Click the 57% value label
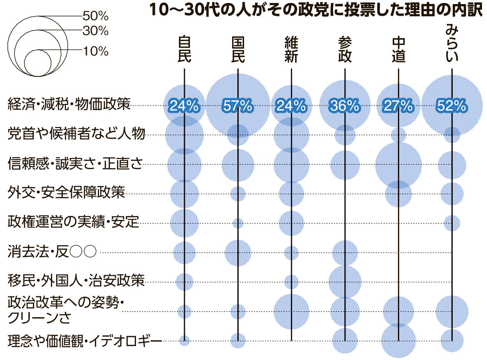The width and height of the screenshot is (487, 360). point(238,106)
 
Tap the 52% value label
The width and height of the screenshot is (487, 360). point(452,106)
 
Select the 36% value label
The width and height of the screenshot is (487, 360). point(345,106)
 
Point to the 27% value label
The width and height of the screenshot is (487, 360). point(398,106)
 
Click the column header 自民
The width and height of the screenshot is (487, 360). point(184,50)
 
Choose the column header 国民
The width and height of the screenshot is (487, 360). point(238,50)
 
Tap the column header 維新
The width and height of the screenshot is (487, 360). point(291,50)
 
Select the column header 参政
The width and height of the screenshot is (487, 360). point(345,50)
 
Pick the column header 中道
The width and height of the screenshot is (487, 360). point(398,50)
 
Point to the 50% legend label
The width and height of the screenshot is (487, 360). point(95,16)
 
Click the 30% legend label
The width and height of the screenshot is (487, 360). point(95,31)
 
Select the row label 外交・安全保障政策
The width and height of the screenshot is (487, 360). point(66,192)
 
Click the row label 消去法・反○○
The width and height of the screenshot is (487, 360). point(52,251)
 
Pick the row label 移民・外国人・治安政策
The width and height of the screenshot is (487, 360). point(76,280)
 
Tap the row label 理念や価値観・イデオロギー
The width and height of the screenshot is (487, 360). point(85,341)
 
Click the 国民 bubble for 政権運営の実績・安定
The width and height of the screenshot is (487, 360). point(238,223)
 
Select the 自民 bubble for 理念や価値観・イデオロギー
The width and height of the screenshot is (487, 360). point(184,341)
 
